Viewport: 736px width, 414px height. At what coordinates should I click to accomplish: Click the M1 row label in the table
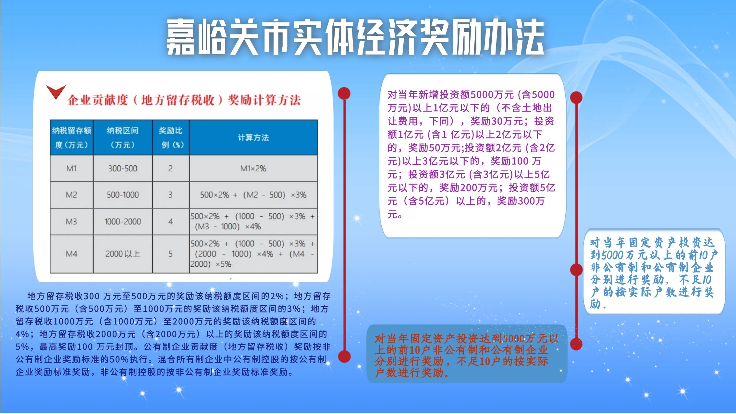coord(71,168)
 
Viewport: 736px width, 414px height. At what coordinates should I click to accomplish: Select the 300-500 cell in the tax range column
coord(123,168)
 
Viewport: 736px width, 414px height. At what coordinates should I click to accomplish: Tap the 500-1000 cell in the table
coord(123,195)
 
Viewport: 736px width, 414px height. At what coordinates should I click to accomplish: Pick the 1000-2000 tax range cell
coord(123,222)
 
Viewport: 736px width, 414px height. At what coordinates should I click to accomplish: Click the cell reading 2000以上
coord(123,254)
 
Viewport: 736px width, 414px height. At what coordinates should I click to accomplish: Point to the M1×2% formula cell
coord(253,168)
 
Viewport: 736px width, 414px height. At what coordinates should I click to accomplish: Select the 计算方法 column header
coord(253,138)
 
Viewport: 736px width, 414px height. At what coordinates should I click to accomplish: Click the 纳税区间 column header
coord(123,138)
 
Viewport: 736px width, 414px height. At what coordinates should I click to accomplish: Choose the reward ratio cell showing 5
coord(170,254)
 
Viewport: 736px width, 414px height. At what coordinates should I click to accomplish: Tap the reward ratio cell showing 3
coord(170,195)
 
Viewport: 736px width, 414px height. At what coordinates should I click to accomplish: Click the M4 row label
coord(71,254)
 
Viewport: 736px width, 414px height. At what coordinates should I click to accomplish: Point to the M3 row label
coord(71,222)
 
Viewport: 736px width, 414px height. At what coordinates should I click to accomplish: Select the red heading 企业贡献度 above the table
coord(184,100)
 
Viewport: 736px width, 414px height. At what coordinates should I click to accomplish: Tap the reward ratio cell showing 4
coord(170,222)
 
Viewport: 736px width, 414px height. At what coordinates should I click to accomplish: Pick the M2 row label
coord(71,195)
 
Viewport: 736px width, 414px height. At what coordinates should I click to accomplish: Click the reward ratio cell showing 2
coord(170,168)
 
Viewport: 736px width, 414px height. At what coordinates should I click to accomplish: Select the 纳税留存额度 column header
coord(72,138)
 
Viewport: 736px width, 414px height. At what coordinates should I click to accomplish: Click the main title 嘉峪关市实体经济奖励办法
coord(355,37)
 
